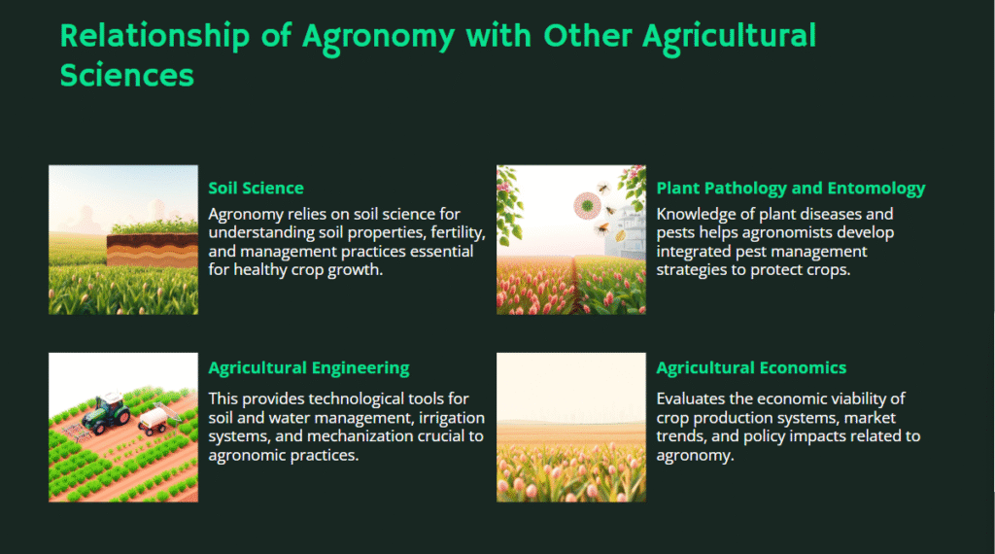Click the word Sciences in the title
click(x=127, y=76)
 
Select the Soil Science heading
click(x=256, y=188)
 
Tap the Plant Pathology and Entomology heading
click(x=791, y=189)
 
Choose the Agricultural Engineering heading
click(x=309, y=368)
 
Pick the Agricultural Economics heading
click(x=751, y=368)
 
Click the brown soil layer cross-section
click(x=153, y=250)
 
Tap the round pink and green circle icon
click(x=587, y=206)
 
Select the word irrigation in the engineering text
click(x=451, y=418)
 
